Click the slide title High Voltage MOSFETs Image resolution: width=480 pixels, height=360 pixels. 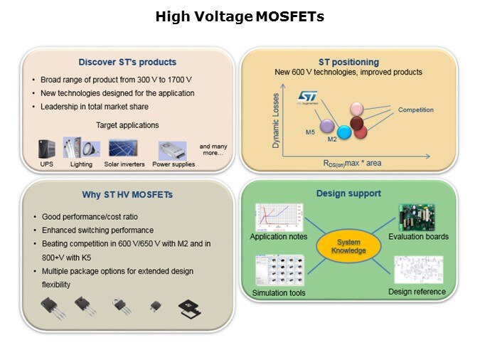(240, 16)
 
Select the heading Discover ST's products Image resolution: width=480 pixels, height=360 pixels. (129, 62)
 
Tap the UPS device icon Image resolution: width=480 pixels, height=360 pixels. (48, 149)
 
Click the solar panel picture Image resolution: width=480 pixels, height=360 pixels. (123, 148)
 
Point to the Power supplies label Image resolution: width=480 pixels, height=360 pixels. (174, 164)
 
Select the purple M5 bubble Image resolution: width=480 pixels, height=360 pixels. (326, 126)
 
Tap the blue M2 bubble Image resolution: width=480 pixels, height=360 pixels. (344, 132)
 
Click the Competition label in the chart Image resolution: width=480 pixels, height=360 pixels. (415, 110)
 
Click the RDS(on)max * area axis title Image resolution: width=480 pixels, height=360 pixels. (352, 163)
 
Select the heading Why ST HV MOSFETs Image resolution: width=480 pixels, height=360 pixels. (128, 195)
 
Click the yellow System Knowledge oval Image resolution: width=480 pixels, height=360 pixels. (348, 247)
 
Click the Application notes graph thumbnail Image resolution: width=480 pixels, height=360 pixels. (276, 218)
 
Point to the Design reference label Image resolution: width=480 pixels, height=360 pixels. (417, 292)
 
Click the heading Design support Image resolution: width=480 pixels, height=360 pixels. (348, 193)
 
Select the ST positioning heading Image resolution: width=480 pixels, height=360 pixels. (348, 62)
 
